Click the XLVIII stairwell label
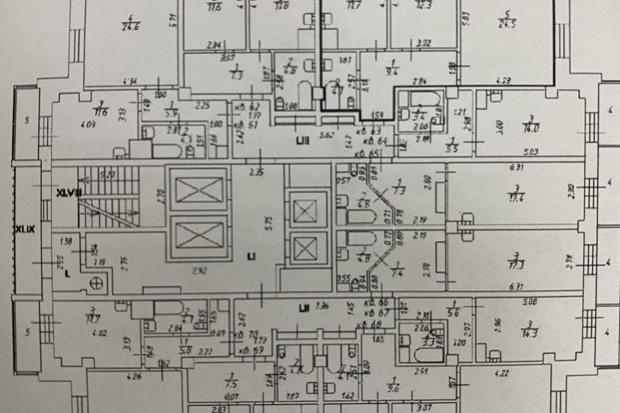pyautogui.click(x=67, y=192)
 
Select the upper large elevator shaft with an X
pyautogui.click(x=198, y=189)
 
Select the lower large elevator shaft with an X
pyautogui.click(x=198, y=236)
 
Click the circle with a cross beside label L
pyautogui.click(x=98, y=282)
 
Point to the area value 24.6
pyautogui.click(x=131, y=26)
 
